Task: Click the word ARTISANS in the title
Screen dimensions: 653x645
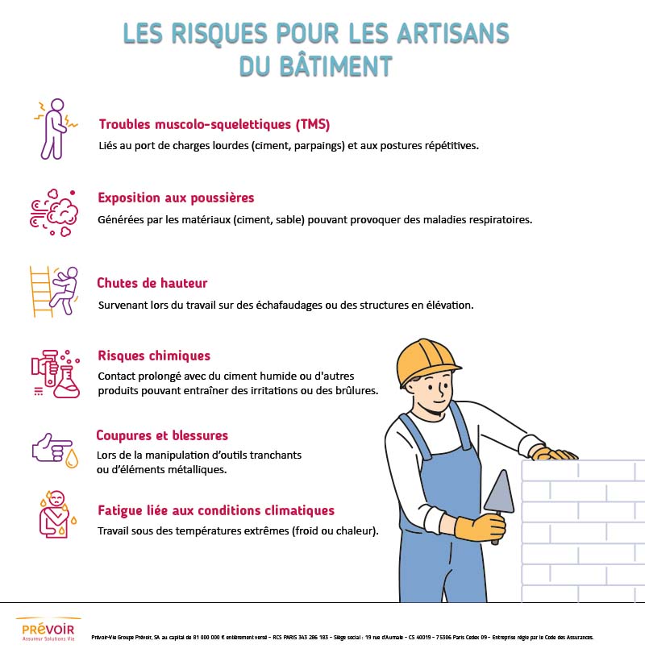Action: coord(452,33)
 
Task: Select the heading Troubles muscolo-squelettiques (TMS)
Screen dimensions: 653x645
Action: coord(214,124)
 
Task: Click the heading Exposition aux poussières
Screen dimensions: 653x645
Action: coord(176,198)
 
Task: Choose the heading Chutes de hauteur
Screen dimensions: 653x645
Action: coord(152,283)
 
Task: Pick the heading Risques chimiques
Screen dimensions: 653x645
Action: coord(154,356)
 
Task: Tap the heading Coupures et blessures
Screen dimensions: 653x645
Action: coord(162,435)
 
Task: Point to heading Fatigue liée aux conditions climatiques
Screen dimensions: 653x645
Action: coord(215,510)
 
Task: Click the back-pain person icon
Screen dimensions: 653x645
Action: coord(55,129)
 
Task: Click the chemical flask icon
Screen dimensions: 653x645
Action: coord(56,373)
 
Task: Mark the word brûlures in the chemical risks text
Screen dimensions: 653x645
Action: coord(354,390)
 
